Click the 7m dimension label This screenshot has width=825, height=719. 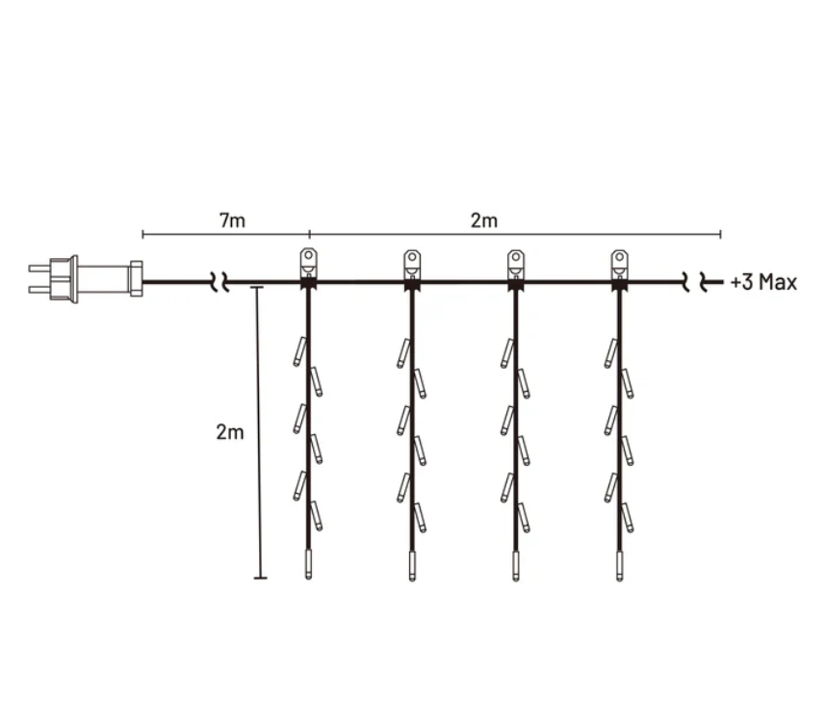[x=232, y=220]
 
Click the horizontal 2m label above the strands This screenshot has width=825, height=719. [x=483, y=220]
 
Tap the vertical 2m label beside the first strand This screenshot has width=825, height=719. [x=230, y=432]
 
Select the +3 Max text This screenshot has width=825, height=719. [x=763, y=282]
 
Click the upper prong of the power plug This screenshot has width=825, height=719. [x=39, y=269]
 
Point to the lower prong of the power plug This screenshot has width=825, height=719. [x=39, y=290]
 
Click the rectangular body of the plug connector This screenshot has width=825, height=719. [x=104, y=279]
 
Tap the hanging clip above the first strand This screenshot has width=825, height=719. [x=309, y=264]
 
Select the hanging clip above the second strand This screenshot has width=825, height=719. [x=412, y=264]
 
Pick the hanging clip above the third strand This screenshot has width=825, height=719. [x=516, y=264]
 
